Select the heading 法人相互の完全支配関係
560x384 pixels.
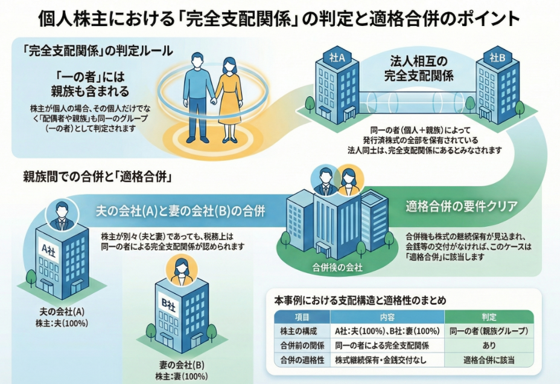[419, 68]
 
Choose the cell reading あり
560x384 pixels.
[488, 346]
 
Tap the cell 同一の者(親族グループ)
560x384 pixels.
[488, 331]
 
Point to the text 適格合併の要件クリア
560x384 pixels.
[461, 206]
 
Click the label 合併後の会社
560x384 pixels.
[337, 267]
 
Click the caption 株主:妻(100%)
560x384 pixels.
[182, 376]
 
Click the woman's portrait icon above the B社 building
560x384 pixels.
[182, 267]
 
